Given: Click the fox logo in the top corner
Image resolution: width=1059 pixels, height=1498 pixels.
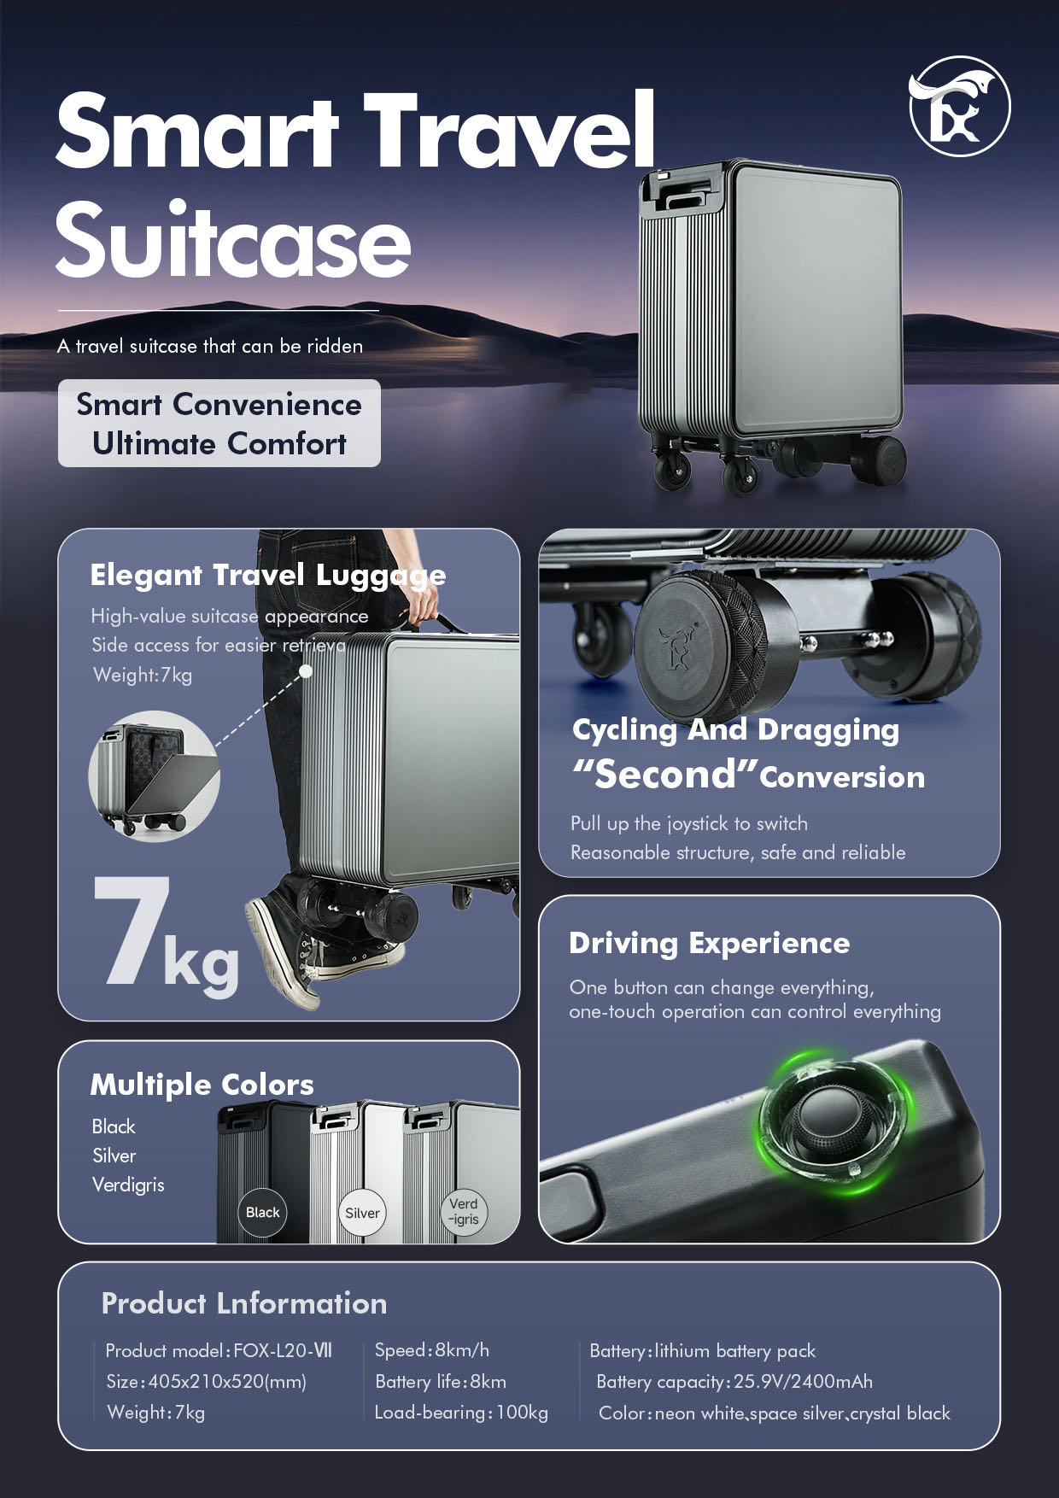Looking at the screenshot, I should [959, 106].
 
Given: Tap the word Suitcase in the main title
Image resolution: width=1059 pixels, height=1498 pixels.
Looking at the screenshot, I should [233, 241].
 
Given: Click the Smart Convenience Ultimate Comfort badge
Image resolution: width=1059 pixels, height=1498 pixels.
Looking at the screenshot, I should [219, 424].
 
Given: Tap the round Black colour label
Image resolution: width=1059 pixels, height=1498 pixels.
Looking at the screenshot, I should [262, 1212].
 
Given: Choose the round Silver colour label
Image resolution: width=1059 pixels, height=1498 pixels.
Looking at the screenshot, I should [362, 1213].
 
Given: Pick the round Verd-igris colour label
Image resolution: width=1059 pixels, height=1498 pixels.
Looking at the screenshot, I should [463, 1212].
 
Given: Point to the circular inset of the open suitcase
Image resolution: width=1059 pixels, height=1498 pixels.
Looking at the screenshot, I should [155, 775].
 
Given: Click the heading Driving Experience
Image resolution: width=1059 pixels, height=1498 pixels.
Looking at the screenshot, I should [709, 943].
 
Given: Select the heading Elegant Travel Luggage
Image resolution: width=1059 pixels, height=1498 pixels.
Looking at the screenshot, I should [267, 575].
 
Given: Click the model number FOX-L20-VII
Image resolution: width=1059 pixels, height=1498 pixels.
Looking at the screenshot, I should [283, 1350].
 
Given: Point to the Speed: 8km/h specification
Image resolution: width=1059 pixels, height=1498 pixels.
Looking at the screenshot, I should [432, 1350].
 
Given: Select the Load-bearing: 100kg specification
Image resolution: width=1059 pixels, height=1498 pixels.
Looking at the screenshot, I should [461, 1413].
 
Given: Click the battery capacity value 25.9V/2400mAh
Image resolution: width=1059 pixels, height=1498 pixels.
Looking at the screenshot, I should [803, 1382].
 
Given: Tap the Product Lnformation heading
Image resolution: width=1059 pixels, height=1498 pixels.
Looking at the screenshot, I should [243, 1303].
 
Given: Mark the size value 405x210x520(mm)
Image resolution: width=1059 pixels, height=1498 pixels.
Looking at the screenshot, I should [227, 1382].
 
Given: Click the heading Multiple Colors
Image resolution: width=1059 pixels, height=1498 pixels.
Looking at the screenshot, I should [202, 1085].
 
